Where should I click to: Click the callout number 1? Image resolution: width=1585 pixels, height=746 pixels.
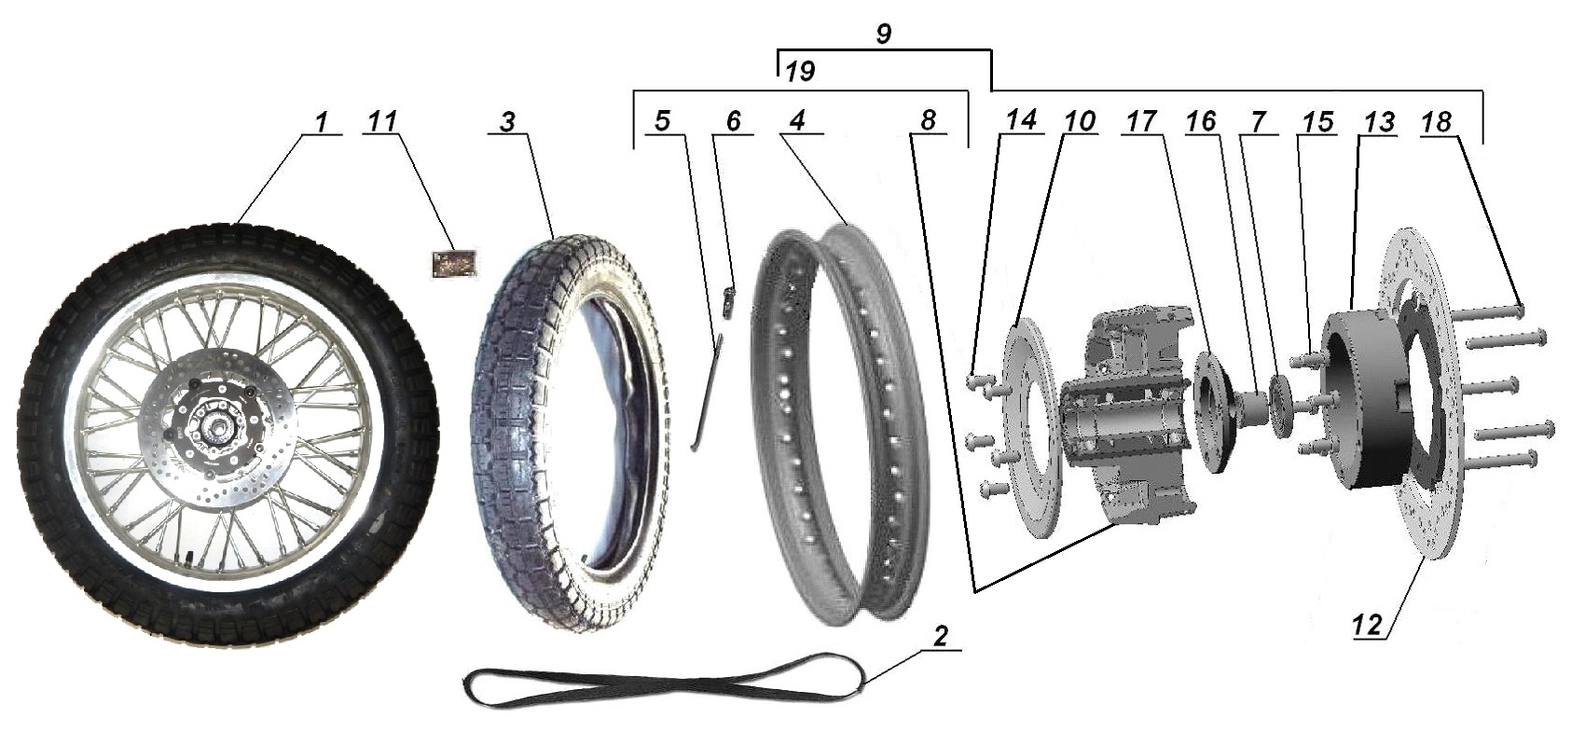pyautogui.click(x=320, y=122)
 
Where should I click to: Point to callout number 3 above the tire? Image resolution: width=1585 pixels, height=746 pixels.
pyautogui.click(x=508, y=123)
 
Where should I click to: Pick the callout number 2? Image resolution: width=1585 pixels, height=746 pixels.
pyautogui.click(x=940, y=637)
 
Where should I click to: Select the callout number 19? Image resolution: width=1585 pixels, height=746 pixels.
pyautogui.click(x=800, y=72)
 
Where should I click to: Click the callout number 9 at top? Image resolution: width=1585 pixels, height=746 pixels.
pyautogui.click(x=883, y=35)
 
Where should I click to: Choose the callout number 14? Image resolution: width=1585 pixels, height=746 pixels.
pyautogui.click(x=1021, y=121)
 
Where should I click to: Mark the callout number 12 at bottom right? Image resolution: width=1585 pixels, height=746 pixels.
pyautogui.click(x=1368, y=626)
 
